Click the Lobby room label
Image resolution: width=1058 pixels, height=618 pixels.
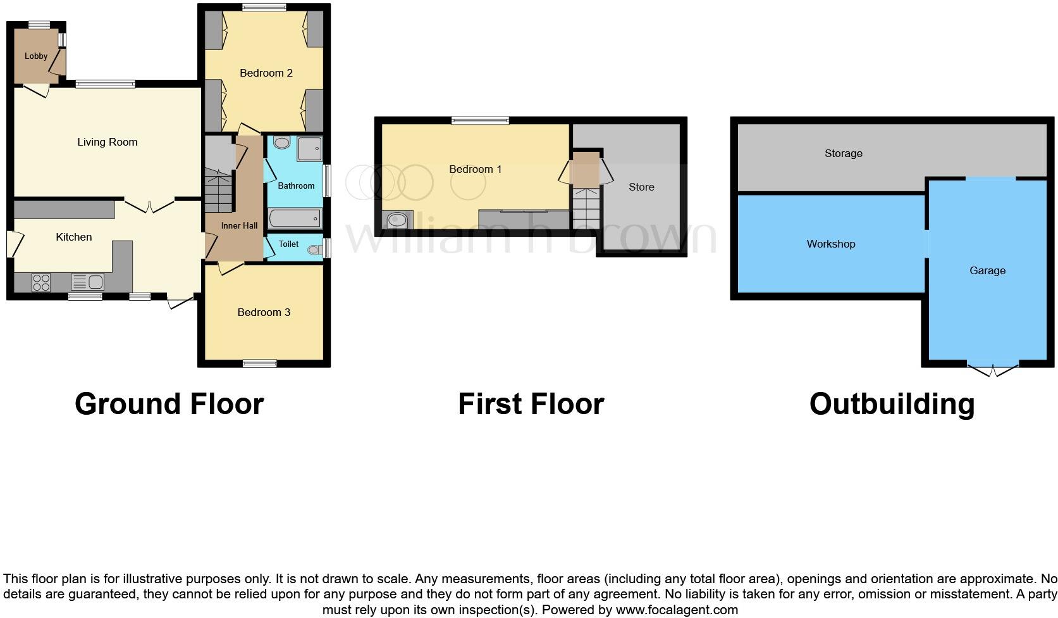[36, 56]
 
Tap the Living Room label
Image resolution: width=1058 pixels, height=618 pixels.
[107, 142]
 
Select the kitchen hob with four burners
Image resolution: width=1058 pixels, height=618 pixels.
[41, 282]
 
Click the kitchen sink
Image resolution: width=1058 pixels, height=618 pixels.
[87, 282]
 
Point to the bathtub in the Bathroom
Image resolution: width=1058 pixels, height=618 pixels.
[295, 219]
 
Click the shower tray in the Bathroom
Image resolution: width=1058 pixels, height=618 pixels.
[309, 148]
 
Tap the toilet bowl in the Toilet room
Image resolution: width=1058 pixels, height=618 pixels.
[314, 250]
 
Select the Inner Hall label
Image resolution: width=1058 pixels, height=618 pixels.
[239, 225]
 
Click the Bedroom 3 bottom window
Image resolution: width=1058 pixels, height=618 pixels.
[260, 363]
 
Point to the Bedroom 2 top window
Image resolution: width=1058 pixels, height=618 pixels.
[263, 8]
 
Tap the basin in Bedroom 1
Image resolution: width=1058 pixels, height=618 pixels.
[398, 220]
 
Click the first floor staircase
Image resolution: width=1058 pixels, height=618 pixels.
[586, 208]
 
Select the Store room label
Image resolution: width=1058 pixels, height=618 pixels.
[641, 187]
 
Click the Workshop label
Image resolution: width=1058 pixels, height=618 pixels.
[830, 244]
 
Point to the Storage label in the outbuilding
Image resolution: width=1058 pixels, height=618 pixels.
[843, 153]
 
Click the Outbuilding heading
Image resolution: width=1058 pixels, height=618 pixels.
[892, 404]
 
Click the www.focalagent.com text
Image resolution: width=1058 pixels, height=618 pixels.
[677, 610]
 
